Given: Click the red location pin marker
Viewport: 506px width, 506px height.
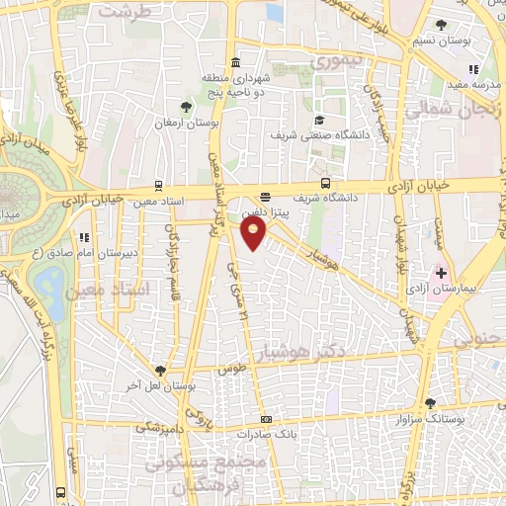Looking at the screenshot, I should [254, 232].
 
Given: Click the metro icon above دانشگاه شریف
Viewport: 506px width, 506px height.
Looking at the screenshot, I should [326, 182].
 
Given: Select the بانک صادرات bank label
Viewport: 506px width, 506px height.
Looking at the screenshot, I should [268, 433].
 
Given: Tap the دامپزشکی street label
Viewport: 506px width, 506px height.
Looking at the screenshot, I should [158, 426].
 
